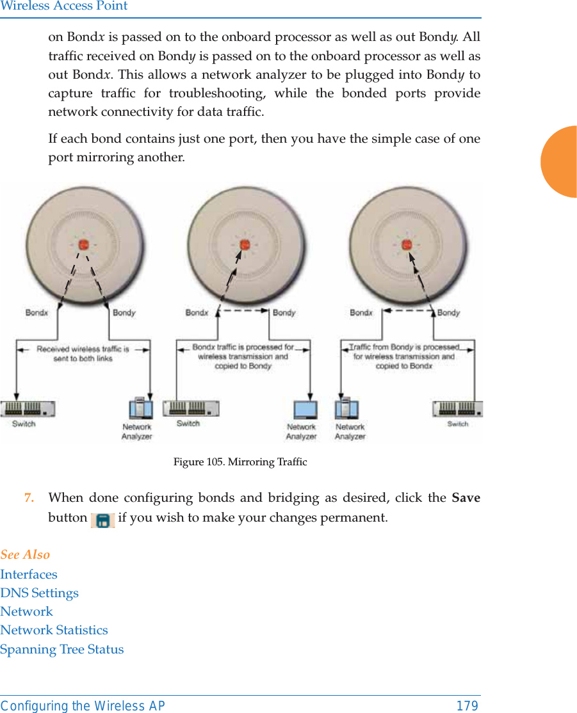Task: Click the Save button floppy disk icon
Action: coord(102,519)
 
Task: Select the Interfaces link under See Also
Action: coord(29,574)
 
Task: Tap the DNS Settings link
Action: coord(40,593)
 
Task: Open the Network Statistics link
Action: coord(54,630)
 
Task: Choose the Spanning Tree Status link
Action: coord(62,649)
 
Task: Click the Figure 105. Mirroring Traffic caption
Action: coord(240,461)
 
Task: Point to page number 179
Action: coord(467,706)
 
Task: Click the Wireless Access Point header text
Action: coord(64,6)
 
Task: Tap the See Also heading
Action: coord(25,554)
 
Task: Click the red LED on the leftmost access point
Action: coord(83,244)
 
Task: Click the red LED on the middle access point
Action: coord(244,244)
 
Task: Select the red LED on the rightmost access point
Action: coord(405,244)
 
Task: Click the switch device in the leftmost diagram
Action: coord(28,408)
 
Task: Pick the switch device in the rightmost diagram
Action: coord(457,408)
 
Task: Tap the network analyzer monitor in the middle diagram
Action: coord(305,410)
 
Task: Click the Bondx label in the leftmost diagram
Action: coord(37,313)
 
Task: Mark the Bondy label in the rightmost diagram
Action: coord(448,313)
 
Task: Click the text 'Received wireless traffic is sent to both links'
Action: coord(83,354)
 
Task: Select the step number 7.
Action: coord(29,498)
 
